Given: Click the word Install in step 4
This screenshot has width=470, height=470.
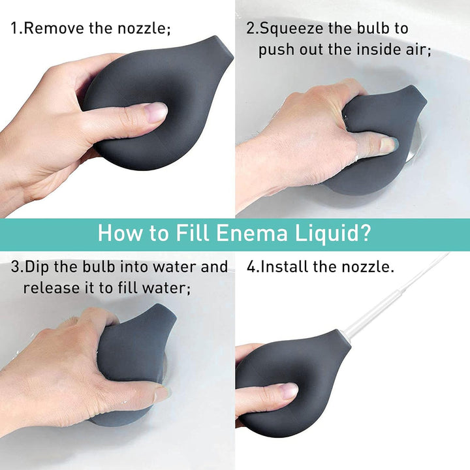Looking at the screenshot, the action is coord(285,266).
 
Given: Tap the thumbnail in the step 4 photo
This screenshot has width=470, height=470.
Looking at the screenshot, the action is coord(289,391).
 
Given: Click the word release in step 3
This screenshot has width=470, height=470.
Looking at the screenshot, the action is coord(50,288).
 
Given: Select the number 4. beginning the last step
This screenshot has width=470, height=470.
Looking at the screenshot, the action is coord(253,267).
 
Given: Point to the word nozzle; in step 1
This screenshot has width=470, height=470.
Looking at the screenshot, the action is coord(144,29).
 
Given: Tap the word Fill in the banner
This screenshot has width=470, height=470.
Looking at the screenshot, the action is coord(193,232).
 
